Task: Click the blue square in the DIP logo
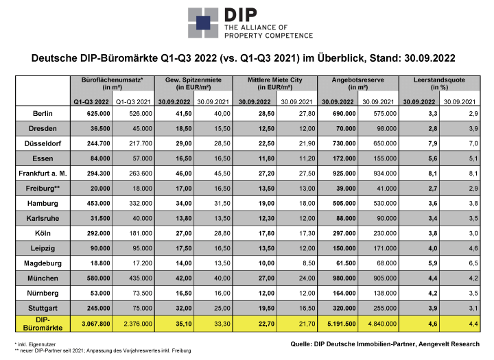point(203,23)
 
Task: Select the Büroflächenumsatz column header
point(112,84)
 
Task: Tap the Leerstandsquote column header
point(440,84)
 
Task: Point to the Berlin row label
point(43,113)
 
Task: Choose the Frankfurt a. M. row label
point(43,173)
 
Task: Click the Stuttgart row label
point(43,308)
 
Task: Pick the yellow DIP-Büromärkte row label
point(43,324)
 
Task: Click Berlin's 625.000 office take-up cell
point(99,113)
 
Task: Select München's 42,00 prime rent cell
point(184,278)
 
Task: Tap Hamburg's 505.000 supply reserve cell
point(344,204)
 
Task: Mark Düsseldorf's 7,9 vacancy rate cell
point(432,143)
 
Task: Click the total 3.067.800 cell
point(96,324)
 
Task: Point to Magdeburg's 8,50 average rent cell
point(309,263)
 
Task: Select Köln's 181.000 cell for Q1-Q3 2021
point(141,233)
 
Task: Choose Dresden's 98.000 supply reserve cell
point(386,128)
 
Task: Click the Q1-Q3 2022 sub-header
point(91,102)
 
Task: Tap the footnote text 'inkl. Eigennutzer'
point(37,344)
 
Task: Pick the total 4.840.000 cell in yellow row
point(382,324)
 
